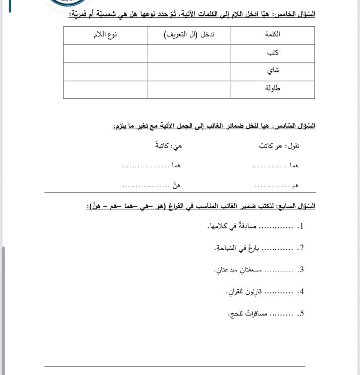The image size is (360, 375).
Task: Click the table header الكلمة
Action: [272, 34]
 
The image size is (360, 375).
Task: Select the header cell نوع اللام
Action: [106, 34]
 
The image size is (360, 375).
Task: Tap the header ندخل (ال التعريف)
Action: [189, 34]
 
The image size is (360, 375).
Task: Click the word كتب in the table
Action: [274, 52]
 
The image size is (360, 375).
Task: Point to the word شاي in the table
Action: [274, 70]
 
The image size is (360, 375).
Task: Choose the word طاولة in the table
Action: [272, 88]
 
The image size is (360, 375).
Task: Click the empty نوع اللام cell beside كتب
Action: [105, 53]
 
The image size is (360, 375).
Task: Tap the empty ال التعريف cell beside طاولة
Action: [189, 89]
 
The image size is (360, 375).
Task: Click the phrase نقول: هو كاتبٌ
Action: [279, 146]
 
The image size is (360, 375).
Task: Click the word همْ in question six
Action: [295, 186]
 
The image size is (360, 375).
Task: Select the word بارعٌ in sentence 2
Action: [253, 248]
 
